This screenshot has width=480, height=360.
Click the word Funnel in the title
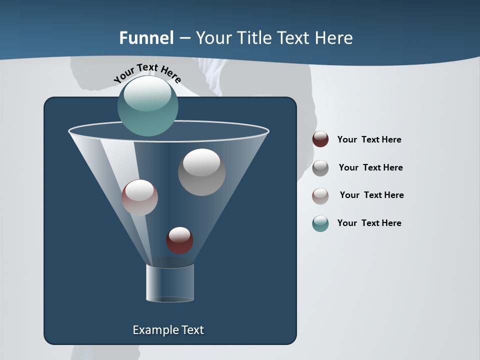tap(146, 38)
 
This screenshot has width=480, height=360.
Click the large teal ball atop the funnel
tap(148, 105)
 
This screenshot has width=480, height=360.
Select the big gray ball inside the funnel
tap(201, 172)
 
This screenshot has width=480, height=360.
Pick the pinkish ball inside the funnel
tap(139, 197)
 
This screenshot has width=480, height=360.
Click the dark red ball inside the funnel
tap(179, 240)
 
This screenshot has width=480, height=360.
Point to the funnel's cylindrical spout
tap(169, 282)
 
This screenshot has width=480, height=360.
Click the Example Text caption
tap(168, 330)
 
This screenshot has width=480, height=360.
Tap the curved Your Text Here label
tap(147, 73)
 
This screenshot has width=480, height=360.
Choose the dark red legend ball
tap(320, 139)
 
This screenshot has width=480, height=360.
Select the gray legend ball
tap(320, 168)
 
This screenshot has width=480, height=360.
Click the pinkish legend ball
tap(320, 196)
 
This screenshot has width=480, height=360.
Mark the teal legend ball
tap(320, 223)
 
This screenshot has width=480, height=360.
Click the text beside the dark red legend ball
tap(369, 139)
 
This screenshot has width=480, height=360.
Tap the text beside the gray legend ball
tap(370, 167)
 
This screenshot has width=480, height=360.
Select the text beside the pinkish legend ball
tap(371, 195)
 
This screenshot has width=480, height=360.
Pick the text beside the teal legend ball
tap(369, 223)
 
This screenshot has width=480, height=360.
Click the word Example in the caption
tap(153, 330)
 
